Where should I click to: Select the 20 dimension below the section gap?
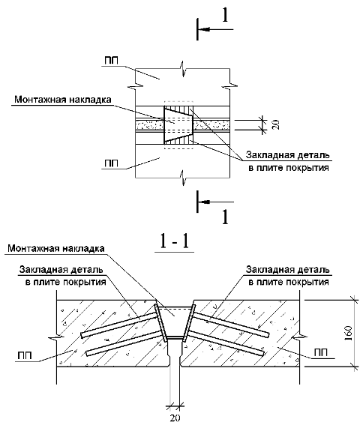[x=175, y=418]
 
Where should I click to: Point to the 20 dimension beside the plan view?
[x=276, y=124]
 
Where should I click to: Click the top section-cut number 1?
[x=225, y=16]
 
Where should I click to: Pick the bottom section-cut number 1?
[x=225, y=217]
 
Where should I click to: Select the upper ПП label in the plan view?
[x=112, y=61]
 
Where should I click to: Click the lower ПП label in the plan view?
[x=112, y=163]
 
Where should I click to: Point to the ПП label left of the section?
[x=25, y=355]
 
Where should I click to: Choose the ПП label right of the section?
[x=321, y=352]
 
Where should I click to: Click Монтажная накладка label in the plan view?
[x=63, y=100]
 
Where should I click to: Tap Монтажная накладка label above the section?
[x=56, y=248]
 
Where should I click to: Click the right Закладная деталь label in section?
[x=288, y=276]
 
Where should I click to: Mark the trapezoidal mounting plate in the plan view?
[x=178, y=124]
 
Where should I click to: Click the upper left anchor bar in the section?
[x=119, y=325]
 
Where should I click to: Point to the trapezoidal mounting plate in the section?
[x=175, y=322]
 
